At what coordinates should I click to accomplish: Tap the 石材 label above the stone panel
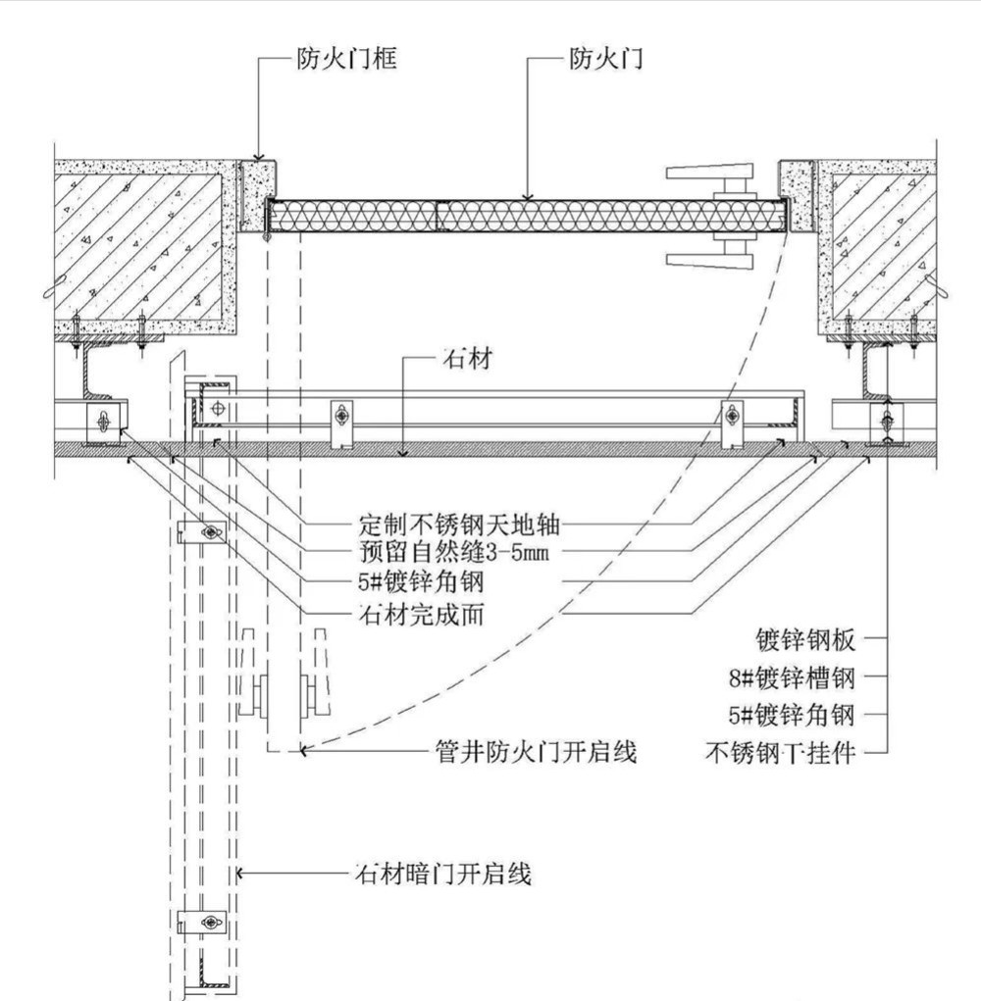click(468, 360)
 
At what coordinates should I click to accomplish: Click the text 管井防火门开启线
click(536, 753)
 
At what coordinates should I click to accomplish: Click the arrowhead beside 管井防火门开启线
click(305, 752)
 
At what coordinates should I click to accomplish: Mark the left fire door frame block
click(257, 194)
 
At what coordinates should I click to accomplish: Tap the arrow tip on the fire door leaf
click(527, 198)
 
